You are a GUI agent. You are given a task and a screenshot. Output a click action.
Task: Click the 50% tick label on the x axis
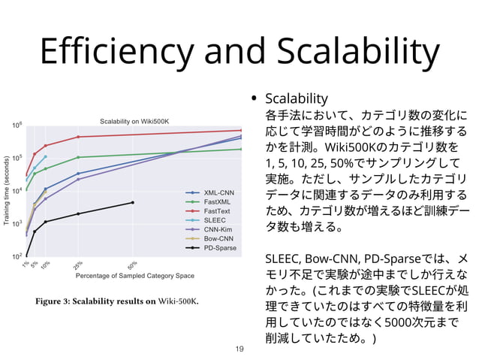tap(131, 265)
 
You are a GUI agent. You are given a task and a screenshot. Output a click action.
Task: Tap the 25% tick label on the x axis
tap(77, 265)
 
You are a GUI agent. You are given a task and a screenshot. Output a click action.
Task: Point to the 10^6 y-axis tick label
tap(17, 125)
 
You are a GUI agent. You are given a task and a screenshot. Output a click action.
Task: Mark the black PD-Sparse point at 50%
tap(133, 202)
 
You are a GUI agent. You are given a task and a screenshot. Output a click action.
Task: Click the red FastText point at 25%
tap(79, 137)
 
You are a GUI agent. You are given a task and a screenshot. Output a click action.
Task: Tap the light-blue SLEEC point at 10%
tap(46, 156)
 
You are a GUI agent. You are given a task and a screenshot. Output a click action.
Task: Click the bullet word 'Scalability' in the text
tap(297, 98)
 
